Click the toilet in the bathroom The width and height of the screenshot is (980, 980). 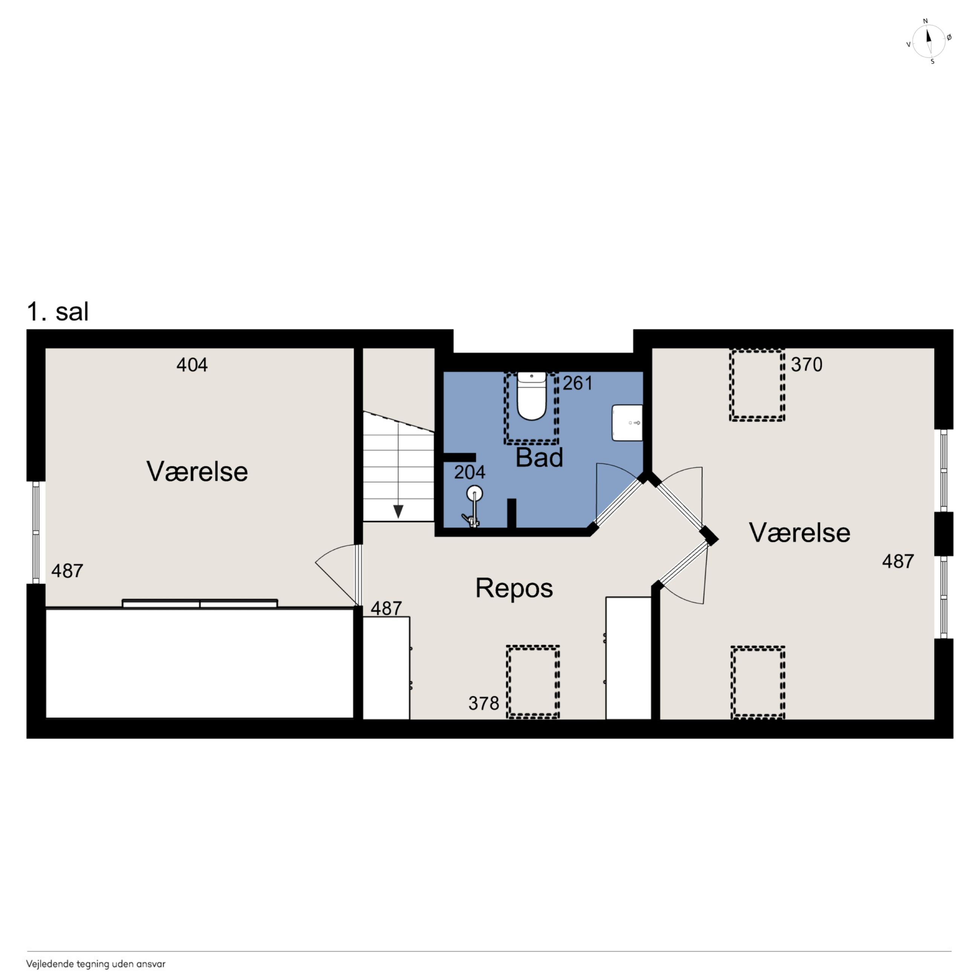(x=531, y=396)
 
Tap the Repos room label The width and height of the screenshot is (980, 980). (x=514, y=588)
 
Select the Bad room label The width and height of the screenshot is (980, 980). (x=539, y=458)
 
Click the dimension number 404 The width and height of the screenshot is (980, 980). (x=192, y=365)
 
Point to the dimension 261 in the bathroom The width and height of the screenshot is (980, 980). (x=578, y=383)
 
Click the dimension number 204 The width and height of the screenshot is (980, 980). (x=469, y=472)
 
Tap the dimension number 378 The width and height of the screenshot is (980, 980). (x=484, y=703)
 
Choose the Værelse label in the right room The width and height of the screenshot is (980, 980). (x=799, y=533)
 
